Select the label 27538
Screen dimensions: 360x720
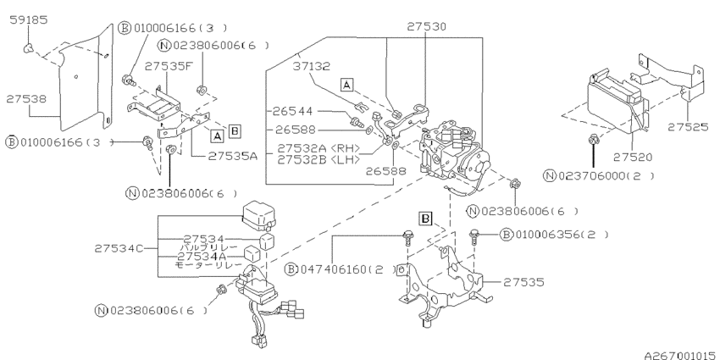click(28, 99)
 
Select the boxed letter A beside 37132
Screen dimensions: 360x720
click(346, 83)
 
